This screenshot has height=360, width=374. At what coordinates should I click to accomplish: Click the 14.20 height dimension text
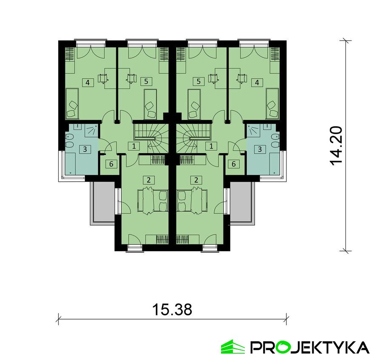[x=336, y=145]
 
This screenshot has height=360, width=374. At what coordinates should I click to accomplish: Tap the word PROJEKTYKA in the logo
[x=310, y=347]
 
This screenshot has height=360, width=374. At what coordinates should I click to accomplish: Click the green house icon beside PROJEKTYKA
[x=233, y=346]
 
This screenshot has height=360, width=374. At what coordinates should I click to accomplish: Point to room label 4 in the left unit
[x=88, y=82]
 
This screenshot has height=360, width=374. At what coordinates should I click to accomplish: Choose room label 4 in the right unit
[x=257, y=82]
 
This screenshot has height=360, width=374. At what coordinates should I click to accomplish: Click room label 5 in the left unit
[x=146, y=80]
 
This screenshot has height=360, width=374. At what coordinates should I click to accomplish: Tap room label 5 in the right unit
[x=198, y=80]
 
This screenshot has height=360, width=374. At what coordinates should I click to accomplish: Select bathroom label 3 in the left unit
[x=85, y=149]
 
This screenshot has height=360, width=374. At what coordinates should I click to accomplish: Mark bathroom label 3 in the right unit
[x=260, y=149]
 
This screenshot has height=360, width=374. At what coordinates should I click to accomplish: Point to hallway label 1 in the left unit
[x=134, y=146]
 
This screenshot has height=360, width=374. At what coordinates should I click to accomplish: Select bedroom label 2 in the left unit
[x=148, y=180]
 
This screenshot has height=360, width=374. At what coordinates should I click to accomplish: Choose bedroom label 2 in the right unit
[x=196, y=180]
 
